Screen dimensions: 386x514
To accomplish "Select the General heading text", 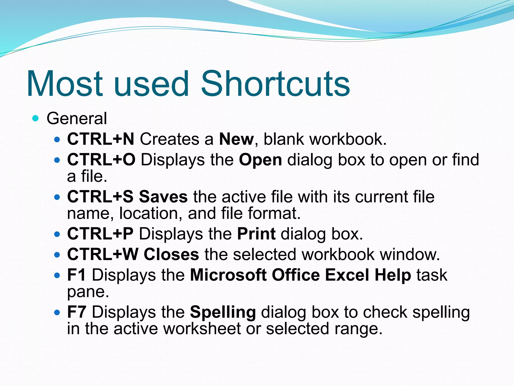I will coord(77,118).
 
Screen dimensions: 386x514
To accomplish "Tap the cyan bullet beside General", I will coord(36,118).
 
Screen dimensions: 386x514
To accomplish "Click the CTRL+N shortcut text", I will coord(101,139).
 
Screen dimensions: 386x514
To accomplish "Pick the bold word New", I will coord(236,139).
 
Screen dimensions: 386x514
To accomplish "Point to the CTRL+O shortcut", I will coord(101,160).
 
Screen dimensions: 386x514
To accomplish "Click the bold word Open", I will coord(260,160).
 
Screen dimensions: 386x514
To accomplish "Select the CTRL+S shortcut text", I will coord(100,197).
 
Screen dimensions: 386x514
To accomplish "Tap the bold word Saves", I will coord(163,197).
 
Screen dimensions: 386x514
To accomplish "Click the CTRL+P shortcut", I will coord(100,234).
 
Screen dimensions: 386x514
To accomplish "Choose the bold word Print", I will coord(256,234).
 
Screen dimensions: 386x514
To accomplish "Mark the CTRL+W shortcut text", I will coord(103,254).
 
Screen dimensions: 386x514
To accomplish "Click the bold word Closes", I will coord(171,254).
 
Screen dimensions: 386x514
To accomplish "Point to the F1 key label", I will coord(77,275).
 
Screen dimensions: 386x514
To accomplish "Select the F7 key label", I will coord(77,312).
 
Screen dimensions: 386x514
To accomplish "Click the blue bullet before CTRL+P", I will coord(57,234).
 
